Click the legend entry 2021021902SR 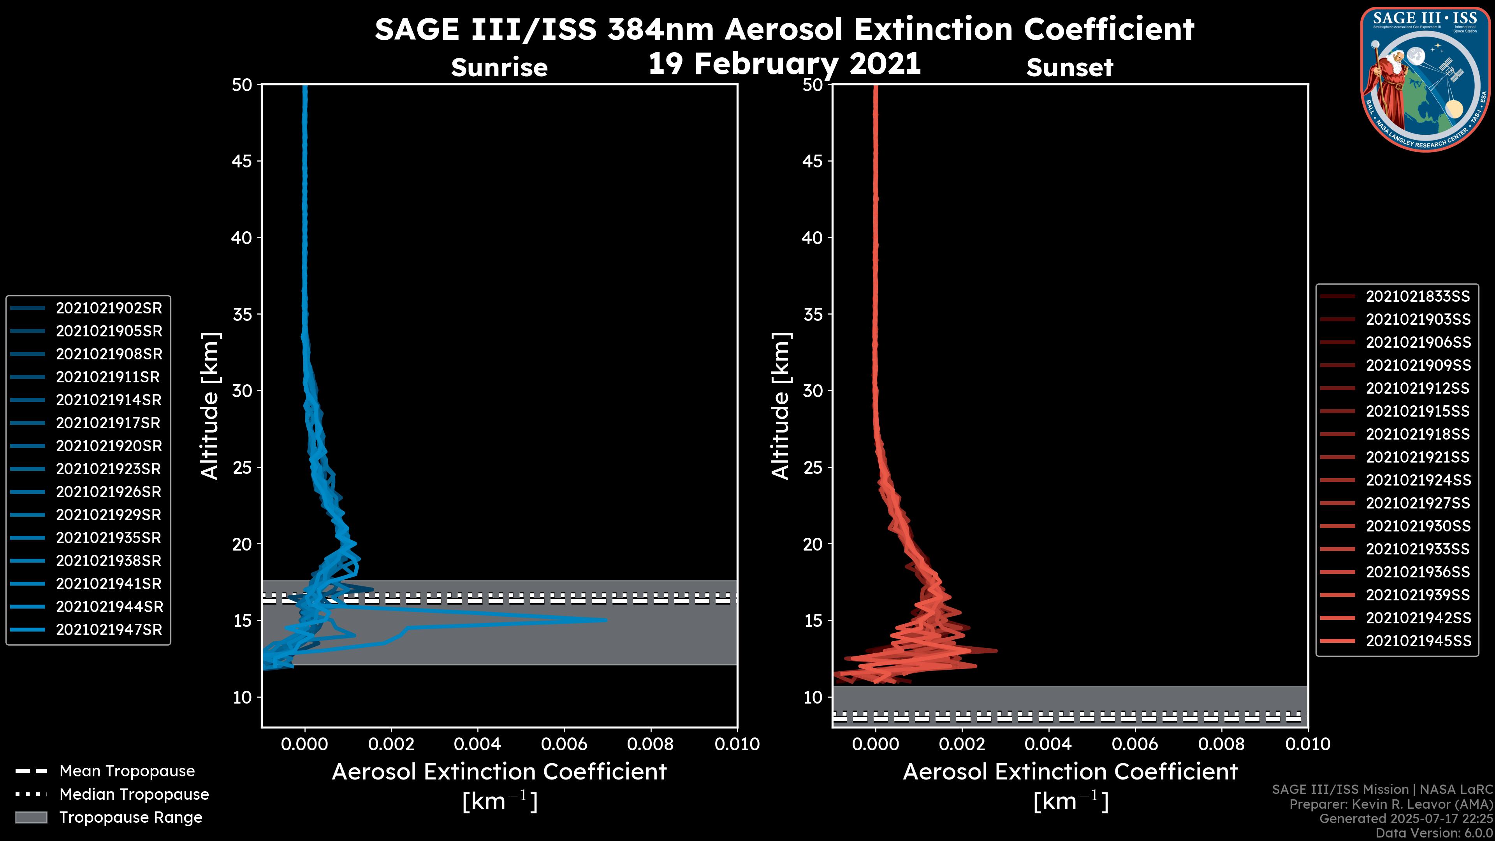[109, 308]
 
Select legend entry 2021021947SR [109, 630]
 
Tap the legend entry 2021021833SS [1418, 297]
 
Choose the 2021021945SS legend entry [1418, 641]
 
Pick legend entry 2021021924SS [1418, 480]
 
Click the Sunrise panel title [499, 67]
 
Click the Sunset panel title [1069, 67]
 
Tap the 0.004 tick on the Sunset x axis [1048, 744]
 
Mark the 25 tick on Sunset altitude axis [813, 468]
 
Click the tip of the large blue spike [605, 620]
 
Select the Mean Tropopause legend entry [127, 771]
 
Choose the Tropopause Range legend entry [130, 817]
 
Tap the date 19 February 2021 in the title [784, 64]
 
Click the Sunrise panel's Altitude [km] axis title [209, 406]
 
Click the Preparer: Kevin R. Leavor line [1391, 804]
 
